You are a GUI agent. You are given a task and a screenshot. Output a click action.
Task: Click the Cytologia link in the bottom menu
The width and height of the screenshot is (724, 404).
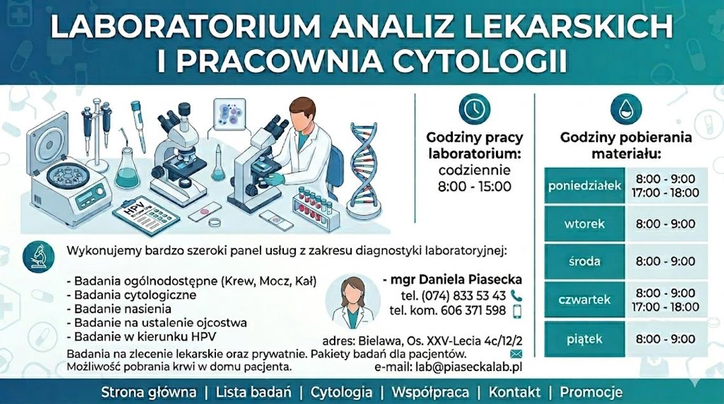341,392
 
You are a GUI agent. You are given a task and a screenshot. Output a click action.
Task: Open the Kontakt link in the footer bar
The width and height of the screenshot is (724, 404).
514,392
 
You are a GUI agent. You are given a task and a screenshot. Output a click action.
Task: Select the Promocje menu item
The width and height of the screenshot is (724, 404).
591,392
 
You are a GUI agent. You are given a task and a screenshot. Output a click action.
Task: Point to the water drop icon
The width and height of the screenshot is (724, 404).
626,109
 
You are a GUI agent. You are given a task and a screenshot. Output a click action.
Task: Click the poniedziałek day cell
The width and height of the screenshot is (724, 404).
584,186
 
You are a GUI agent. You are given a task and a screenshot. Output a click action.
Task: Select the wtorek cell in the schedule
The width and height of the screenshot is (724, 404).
584,224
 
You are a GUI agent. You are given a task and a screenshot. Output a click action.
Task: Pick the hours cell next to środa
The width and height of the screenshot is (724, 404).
665,261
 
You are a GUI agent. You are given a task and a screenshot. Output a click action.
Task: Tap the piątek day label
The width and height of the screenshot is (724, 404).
584,339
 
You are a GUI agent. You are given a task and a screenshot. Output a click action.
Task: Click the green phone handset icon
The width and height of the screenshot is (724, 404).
516,295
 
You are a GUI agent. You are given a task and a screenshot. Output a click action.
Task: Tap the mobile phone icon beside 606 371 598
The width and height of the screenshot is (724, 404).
516,311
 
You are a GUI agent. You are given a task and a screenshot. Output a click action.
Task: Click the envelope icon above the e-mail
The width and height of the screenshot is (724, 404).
516,353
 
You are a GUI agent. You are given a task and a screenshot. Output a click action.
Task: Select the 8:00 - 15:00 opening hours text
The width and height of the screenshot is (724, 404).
474,186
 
